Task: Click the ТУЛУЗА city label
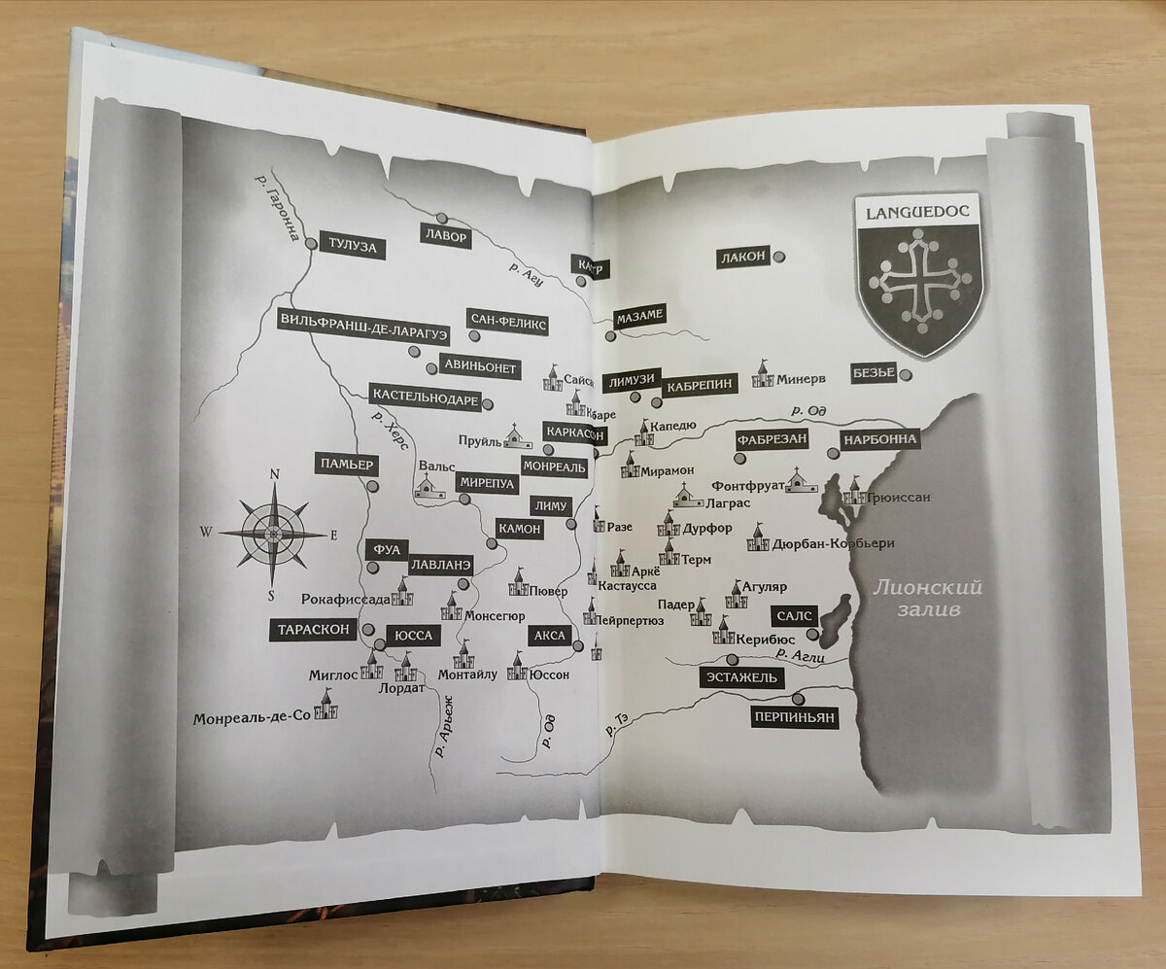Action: click(352, 248)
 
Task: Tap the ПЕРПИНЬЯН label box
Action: click(794, 718)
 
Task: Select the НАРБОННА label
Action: click(879, 439)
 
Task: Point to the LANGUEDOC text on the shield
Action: click(917, 209)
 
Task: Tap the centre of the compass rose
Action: click(273, 534)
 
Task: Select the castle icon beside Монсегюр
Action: click(451, 607)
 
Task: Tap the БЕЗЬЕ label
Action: click(873, 371)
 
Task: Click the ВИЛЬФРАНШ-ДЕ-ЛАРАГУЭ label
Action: click(363, 329)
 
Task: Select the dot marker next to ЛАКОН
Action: click(779, 257)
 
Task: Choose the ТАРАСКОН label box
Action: click(313, 630)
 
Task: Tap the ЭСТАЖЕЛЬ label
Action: click(741, 676)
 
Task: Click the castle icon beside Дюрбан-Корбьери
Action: click(757, 537)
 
